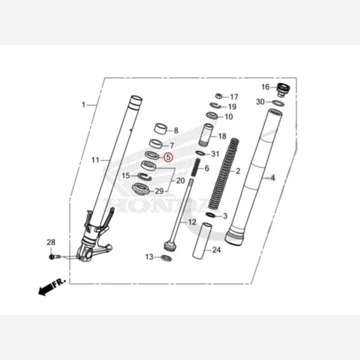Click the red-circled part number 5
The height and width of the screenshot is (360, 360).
(x=168, y=158)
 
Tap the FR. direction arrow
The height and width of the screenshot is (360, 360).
(x=51, y=287)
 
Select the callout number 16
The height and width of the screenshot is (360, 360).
(x=265, y=88)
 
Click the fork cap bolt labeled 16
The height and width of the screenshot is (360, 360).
(x=283, y=91)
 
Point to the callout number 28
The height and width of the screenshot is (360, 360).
(x=51, y=242)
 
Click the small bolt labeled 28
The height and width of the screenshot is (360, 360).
(x=54, y=256)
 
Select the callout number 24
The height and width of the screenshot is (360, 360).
(x=216, y=250)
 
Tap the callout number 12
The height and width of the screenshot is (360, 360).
(x=192, y=222)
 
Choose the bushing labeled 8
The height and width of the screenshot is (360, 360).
(x=160, y=128)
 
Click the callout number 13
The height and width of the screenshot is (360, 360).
(x=149, y=257)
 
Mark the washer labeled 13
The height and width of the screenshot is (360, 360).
(x=166, y=258)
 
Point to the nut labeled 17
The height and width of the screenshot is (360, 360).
(x=220, y=96)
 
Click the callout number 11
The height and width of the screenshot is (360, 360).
(x=95, y=160)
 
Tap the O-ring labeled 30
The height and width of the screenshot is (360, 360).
(x=278, y=103)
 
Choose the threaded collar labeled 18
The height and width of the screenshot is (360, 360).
(x=207, y=134)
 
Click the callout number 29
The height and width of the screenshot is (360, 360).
(x=159, y=191)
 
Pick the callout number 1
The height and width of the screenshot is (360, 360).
(x=84, y=105)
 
